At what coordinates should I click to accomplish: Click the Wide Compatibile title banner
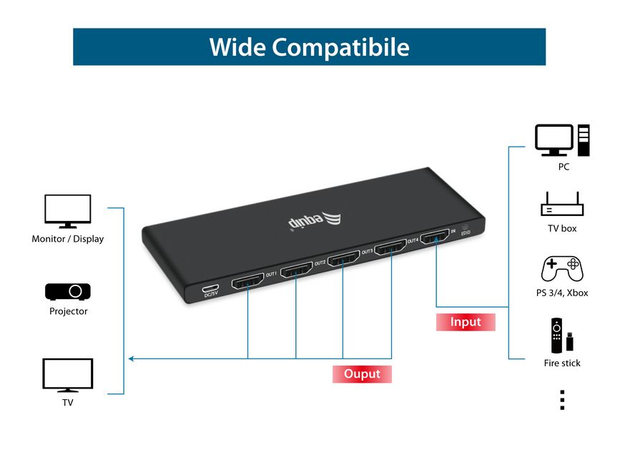point(309,46)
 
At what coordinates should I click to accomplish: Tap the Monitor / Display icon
point(68,211)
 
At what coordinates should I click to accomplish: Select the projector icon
point(68,291)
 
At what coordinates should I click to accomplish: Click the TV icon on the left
point(68,376)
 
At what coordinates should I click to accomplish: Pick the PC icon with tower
point(562,140)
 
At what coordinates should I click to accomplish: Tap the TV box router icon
point(562,204)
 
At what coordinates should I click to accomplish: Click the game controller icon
point(562,268)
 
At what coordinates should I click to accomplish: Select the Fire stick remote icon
point(562,336)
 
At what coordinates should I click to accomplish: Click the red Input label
point(466,322)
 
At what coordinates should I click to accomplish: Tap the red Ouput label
point(362,373)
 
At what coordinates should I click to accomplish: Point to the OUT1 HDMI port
point(247,280)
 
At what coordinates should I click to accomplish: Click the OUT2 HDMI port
point(296,270)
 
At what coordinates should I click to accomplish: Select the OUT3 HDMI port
point(343,258)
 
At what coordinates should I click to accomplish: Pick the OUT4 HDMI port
point(390,247)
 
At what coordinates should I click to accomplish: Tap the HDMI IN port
point(435,237)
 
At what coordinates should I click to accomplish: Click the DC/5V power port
point(210,288)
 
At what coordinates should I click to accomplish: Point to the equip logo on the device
point(315,220)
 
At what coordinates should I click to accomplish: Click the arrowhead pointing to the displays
point(132,358)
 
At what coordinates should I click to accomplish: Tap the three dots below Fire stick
point(562,400)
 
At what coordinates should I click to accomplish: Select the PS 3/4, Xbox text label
point(562,293)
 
